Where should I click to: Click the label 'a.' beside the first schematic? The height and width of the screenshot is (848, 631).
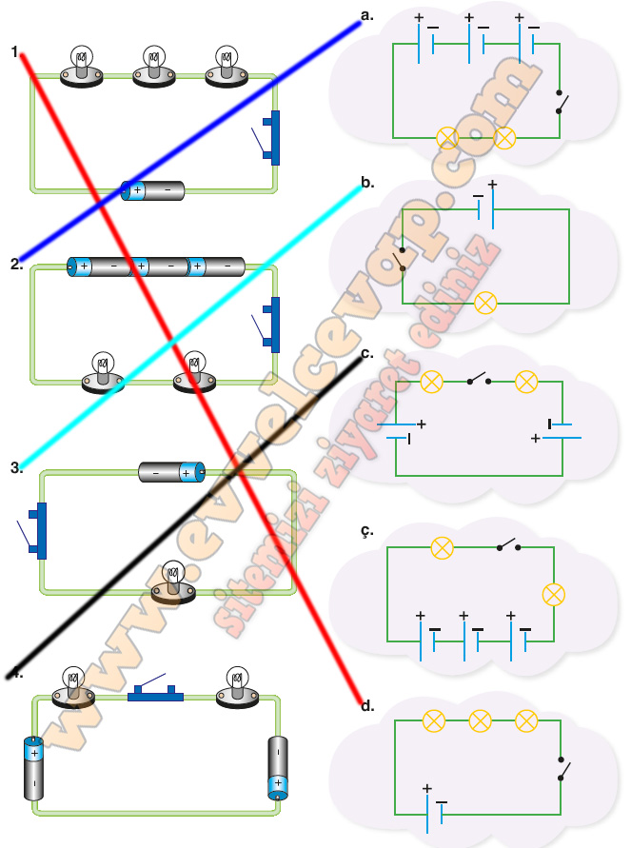click(367, 15)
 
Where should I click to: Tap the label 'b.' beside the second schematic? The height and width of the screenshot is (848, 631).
click(367, 183)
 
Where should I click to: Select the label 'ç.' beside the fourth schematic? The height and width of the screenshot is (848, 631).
click(367, 531)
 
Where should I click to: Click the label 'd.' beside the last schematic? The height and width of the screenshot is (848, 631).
click(367, 706)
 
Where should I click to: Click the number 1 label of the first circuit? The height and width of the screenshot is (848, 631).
click(14, 52)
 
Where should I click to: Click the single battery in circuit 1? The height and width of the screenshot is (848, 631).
click(152, 190)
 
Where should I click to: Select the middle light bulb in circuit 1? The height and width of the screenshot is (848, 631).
click(154, 67)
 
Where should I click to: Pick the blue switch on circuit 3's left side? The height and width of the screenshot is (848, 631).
click(32, 530)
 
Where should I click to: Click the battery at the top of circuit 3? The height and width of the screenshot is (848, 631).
click(172, 472)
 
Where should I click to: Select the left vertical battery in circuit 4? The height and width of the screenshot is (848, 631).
click(33, 768)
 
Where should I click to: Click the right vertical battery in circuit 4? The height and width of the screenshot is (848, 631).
click(278, 768)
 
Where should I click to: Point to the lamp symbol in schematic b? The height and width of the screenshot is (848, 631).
click(485, 303)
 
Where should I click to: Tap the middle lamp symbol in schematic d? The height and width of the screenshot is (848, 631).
click(480, 720)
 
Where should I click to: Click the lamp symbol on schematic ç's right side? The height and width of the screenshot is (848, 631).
click(554, 595)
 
